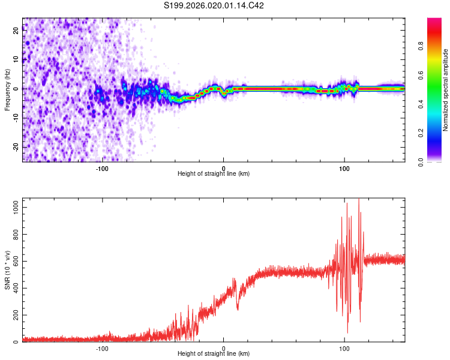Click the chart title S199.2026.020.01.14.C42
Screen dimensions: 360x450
point(214,5)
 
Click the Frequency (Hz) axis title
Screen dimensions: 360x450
point(7,89)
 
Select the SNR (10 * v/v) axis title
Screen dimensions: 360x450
point(7,271)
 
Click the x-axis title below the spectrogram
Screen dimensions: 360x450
point(214,174)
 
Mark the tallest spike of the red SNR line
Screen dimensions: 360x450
point(359,200)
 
